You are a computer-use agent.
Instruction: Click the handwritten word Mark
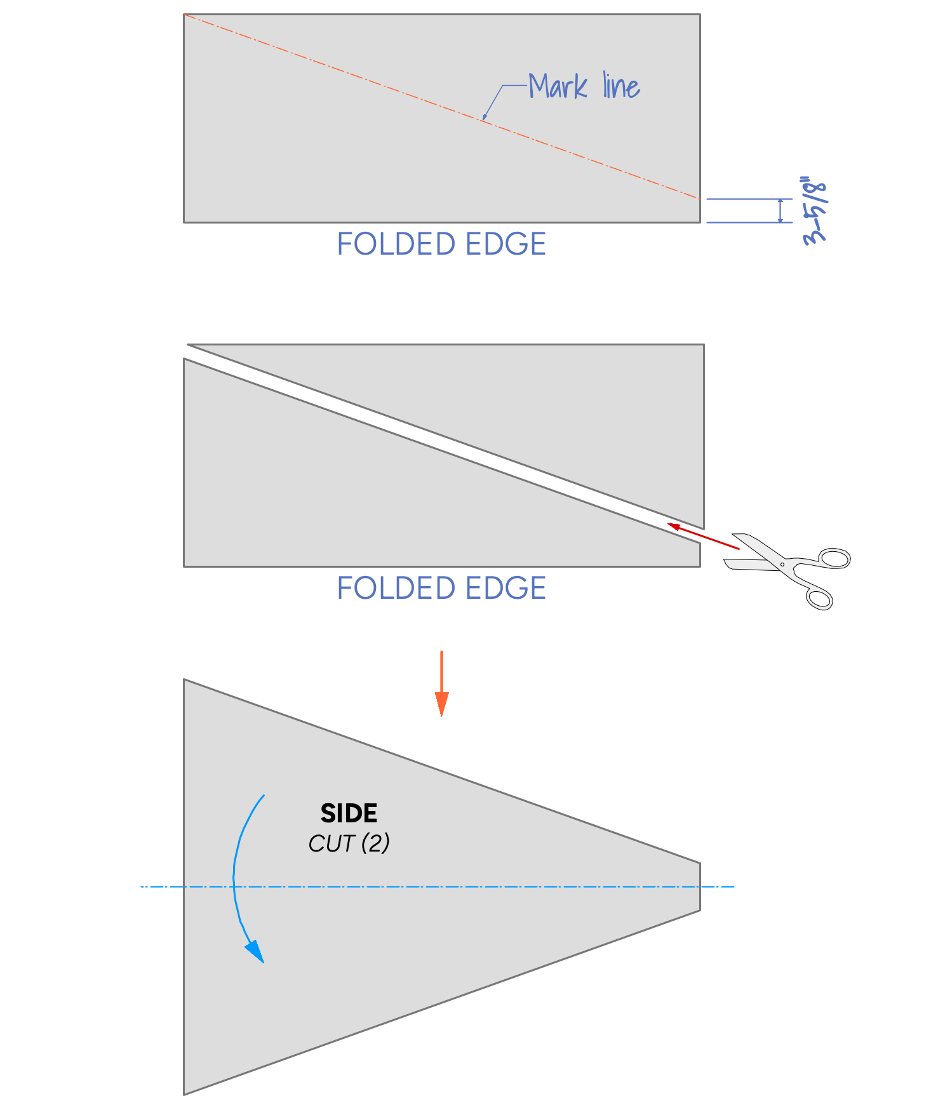click(558, 87)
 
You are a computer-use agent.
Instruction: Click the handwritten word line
click(621, 87)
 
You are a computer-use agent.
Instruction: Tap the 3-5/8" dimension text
click(815, 211)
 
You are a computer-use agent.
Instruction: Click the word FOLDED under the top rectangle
click(396, 244)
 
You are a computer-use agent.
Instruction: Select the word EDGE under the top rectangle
click(506, 244)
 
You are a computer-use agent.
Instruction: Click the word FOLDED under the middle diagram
click(396, 589)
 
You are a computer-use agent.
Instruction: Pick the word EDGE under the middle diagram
click(506, 589)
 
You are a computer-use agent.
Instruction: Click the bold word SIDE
click(349, 813)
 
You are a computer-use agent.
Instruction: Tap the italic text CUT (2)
click(349, 843)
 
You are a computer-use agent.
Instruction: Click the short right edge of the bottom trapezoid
click(700, 886)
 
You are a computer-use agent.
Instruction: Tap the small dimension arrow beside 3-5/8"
click(780, 211)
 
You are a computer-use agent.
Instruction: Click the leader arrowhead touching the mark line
click(485, 117)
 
